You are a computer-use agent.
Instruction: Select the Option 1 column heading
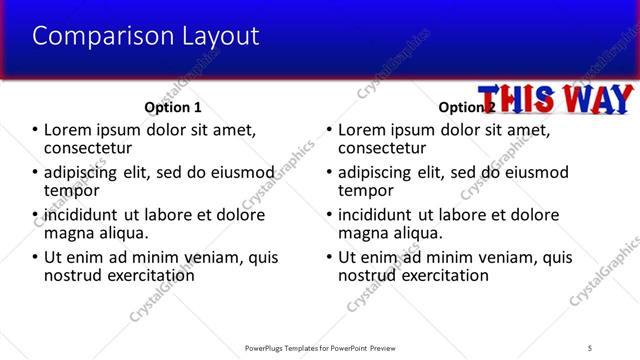tap(173, 106)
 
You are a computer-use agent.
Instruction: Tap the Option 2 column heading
tap(466, 106)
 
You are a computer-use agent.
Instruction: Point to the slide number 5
tap(591, 348)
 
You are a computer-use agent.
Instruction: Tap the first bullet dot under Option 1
tap(36, 129)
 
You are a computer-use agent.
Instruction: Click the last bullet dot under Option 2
tap(330, 257)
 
